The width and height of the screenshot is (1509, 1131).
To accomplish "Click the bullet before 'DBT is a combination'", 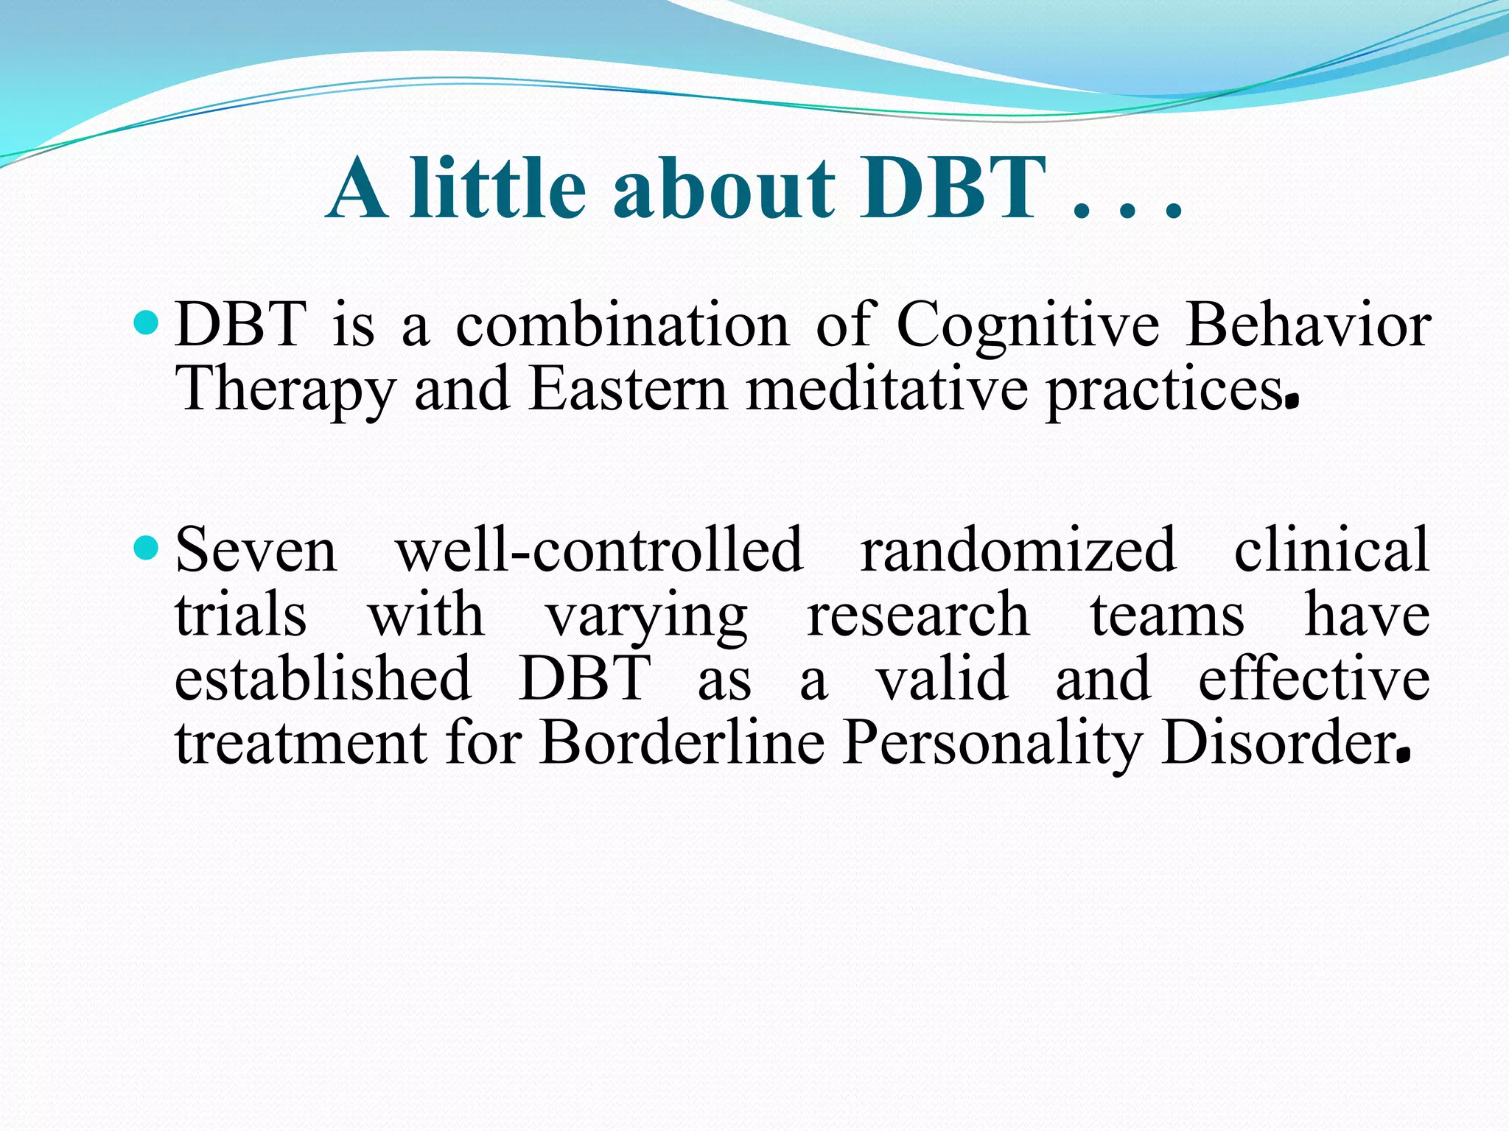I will pos(147,323).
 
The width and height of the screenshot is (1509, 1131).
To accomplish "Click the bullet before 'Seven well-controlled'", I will pos(147,547).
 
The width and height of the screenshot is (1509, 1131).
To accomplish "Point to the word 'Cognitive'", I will pos(1027,325).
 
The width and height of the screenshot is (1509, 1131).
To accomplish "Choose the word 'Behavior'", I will pos(1308,325).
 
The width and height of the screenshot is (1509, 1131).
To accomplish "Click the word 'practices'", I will pos(1164,390).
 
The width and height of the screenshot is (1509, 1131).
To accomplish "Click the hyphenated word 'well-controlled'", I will pos(599,550).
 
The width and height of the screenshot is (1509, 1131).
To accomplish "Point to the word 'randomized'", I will pos(1018,550).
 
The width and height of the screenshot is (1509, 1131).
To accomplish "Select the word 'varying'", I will pos(646,616).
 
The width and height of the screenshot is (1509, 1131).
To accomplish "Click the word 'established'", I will pos(323,679).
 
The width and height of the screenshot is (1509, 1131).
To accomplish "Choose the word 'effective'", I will pos(1314,679).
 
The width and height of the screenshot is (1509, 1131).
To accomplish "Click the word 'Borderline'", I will pos(682,744).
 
